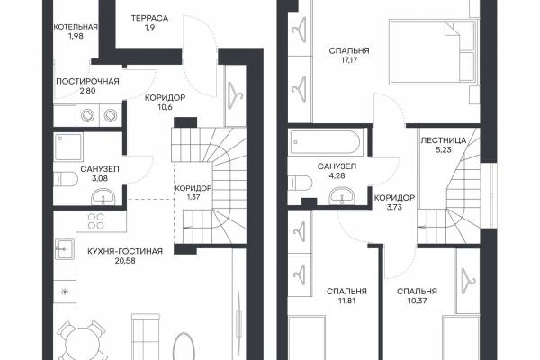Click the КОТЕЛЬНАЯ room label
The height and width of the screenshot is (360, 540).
click(76, 27)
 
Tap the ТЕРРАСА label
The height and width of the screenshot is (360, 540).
click(149, 18)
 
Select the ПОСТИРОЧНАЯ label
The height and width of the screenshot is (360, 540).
click(87, 82)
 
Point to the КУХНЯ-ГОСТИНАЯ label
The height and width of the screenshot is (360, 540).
click(125, 251)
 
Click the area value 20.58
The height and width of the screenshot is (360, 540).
click(125, 261)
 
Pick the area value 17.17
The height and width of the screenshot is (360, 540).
click(349, 60)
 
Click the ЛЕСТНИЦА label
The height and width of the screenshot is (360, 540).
click(444, 140)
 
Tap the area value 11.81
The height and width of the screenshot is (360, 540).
click(346, 301)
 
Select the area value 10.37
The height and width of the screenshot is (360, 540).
click(417, 301)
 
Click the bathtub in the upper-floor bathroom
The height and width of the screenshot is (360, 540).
click(326, 141)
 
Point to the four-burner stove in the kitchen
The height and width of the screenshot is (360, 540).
click(96, 221)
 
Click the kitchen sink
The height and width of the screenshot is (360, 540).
click(65, 249)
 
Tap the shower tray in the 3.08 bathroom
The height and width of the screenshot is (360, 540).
click(68, 147)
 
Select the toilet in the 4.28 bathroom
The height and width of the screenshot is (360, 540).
click(300, 183)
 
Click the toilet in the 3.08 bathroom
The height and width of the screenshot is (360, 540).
click(66, 179)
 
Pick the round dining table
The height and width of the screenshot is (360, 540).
click(81, 341)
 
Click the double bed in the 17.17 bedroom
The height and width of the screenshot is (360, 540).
click(433, 52)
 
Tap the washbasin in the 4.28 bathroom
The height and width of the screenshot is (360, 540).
click(342, 196)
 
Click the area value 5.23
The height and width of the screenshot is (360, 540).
click(444, 150)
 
